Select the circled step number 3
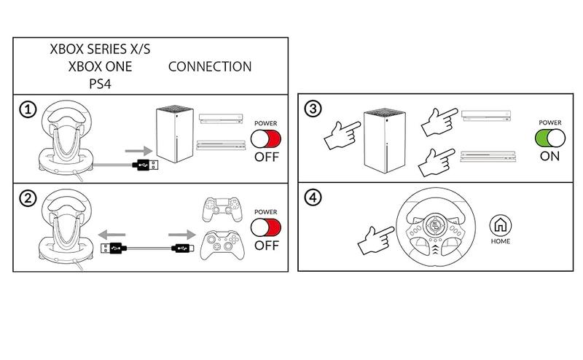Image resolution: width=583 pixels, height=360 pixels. coord(311,110)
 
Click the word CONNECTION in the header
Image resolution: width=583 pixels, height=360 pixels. coord(210,66)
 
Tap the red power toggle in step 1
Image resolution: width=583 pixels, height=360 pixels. coord(265,138)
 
